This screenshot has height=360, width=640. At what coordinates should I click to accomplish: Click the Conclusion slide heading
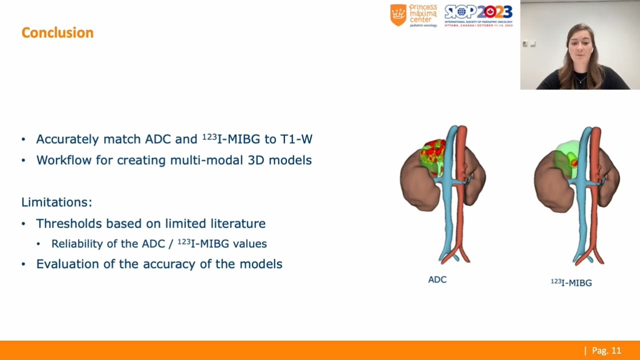pyautogui.click(x=57, y=33)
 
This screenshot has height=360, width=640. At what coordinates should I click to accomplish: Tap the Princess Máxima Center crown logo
pyautogui.click(x=398, y=15)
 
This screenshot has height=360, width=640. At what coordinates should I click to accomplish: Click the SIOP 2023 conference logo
pyautogui.click(x=478, y=15)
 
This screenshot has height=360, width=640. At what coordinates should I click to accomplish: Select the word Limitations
pyautogui.click(x=56, y=202)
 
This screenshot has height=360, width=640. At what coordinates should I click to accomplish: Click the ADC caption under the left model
pyautogui.click(x=437, y=280)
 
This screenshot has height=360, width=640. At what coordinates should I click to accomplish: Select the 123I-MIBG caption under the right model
pyautogui.click(x=571, y=283)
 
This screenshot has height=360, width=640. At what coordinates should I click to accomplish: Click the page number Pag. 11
pyautogui.click(x=606, y=350)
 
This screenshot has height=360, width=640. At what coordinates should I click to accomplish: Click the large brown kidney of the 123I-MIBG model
pyautogui.click(x=550, y=187)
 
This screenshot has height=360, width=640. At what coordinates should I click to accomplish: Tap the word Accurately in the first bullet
pyautogui.click(x=67, y=139)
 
